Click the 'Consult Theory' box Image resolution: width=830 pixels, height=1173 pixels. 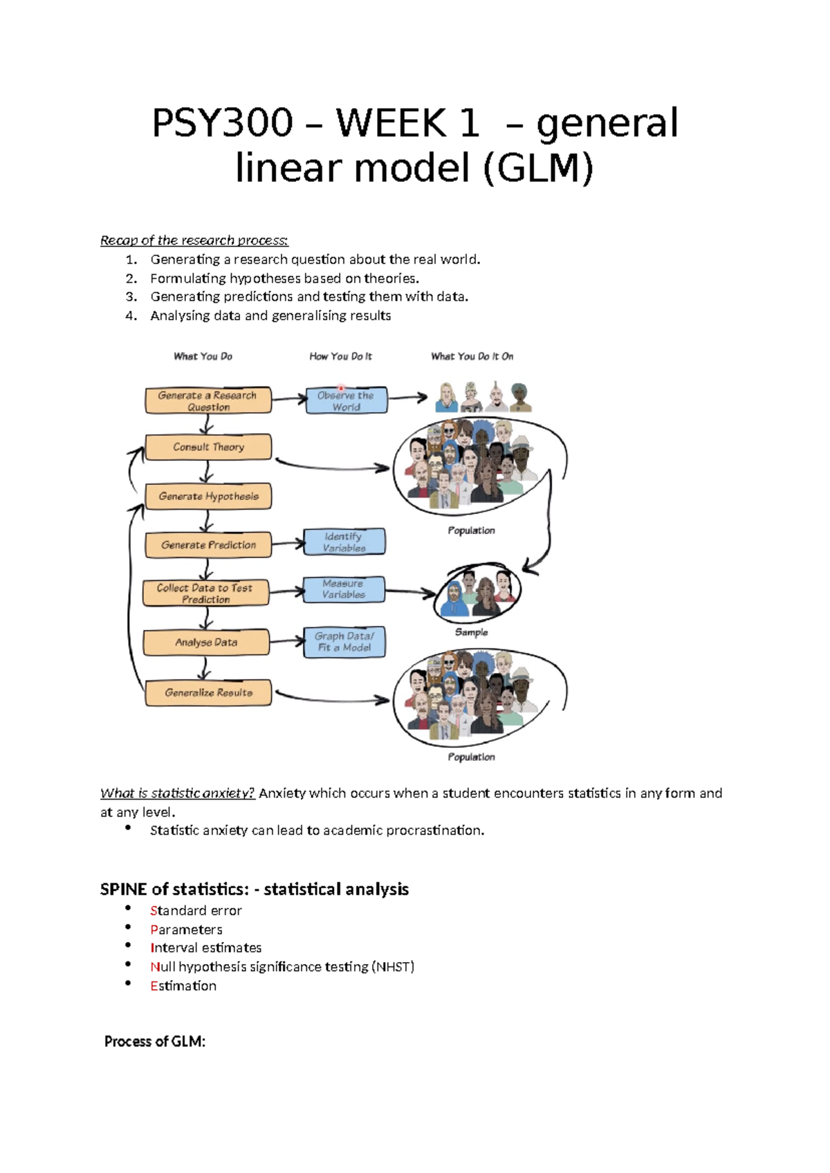[x=208, y=447]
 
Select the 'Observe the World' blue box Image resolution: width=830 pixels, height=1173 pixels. [x=346, y=401]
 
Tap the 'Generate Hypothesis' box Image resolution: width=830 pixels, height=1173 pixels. [x=208, y=497]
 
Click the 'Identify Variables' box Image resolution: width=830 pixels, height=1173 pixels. [x=344, y=542]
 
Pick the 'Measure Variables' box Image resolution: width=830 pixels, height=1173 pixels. [x=344, y=589]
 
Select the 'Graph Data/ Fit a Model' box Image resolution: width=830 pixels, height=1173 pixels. [x=344, y=642]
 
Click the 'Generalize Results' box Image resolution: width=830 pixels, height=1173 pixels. [x=208, y=692]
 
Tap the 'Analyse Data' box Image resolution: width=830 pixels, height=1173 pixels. [x=206, y=643]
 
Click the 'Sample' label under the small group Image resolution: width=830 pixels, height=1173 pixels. [x=471, y=632]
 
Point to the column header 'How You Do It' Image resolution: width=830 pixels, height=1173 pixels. [x=340, y=356]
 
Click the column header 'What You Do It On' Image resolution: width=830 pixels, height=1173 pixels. [x=472, y=356]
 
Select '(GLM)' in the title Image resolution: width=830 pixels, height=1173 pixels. [x=538, y=168]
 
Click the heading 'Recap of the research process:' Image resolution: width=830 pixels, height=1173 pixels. [x=194, y=241]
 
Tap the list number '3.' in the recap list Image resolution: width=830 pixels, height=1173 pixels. [x=131, y=297]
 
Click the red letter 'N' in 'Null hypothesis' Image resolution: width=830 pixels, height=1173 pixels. [x=154, y=967]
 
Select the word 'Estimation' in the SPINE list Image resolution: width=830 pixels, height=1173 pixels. [x=183, y=986]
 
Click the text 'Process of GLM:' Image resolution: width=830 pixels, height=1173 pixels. [x=155, y=1042]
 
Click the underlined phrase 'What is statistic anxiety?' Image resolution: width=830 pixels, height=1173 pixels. [x=178, y=793]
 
